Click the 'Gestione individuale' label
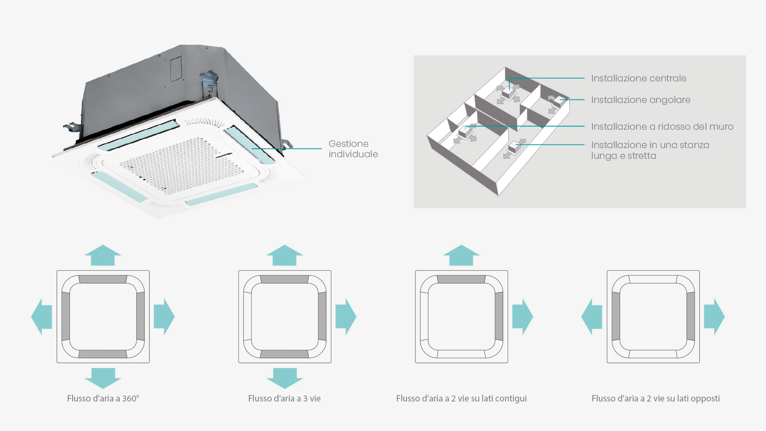point(353,149)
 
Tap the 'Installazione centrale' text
point(638,78)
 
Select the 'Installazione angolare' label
point(640,100)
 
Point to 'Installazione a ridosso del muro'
point(662,127)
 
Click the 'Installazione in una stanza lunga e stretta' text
point(650,150)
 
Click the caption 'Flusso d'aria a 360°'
point(103,398)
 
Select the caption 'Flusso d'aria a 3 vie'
point(284,398)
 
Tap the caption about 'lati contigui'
point(461,398)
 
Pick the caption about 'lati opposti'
point(655,398)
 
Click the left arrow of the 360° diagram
point(41,316)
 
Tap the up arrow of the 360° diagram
point(103,255)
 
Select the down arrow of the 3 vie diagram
point(284,378)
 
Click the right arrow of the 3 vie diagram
point(345,316)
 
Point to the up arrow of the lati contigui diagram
point(461,255)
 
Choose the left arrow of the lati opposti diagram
point(592,316)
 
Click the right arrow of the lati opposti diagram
point(714,316)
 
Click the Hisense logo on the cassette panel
point(224,155)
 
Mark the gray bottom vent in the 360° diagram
point(103,354)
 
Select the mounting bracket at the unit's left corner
point(72,128)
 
